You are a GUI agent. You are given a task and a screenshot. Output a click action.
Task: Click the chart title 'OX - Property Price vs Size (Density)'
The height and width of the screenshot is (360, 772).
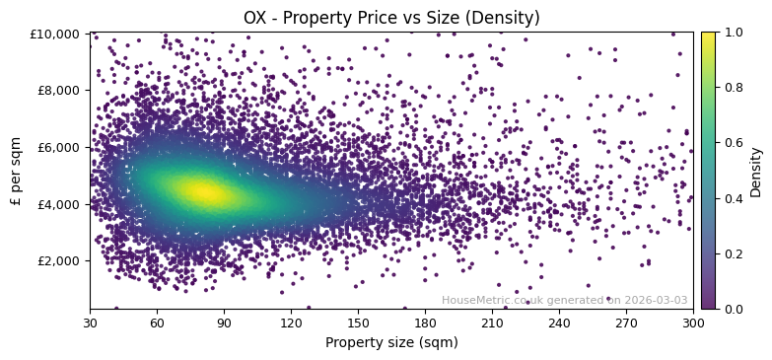391,18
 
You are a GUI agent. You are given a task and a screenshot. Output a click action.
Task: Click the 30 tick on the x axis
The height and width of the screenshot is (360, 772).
90,322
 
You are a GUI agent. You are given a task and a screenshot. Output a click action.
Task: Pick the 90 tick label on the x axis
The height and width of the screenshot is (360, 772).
224,322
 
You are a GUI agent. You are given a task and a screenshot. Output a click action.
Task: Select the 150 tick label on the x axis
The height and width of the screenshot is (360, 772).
358,322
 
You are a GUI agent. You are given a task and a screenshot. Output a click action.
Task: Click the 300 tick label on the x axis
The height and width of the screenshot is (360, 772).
693,322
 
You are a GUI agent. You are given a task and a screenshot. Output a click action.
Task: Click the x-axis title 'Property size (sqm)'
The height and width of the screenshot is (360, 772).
391,342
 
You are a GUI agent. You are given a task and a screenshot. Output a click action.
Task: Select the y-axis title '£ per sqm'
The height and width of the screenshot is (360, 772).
16,171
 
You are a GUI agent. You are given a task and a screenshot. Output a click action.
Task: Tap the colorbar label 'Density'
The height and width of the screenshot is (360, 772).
756,171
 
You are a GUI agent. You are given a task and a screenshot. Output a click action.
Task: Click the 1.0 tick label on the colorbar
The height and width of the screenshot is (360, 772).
735,33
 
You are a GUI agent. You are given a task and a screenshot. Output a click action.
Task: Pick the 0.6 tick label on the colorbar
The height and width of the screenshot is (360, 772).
735,143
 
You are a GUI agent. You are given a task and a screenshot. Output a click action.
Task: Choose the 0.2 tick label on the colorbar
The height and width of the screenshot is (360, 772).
735,253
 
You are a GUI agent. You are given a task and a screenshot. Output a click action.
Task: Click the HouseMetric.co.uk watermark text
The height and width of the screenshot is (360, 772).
564,301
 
